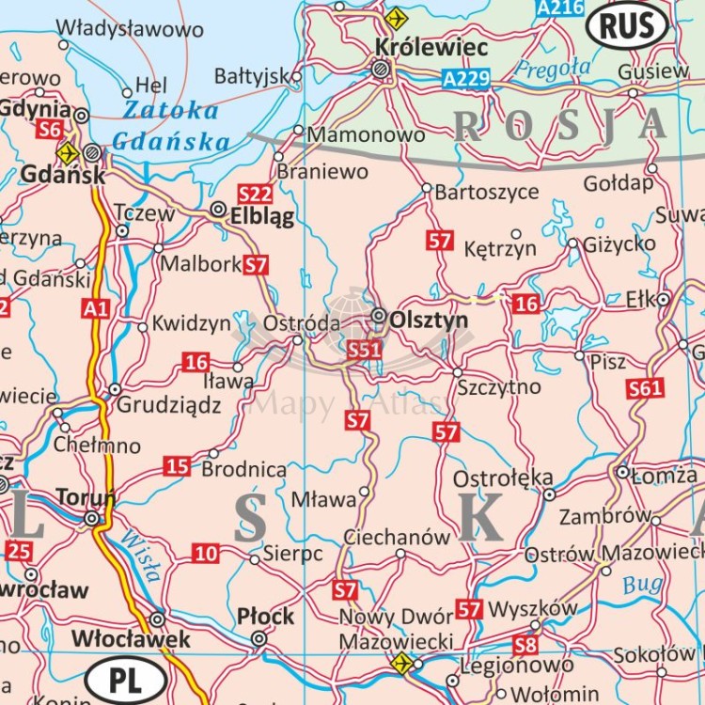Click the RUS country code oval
pos(627,26)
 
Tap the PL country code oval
pos(125,680)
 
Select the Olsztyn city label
pos(428,320)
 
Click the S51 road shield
pos(364,351)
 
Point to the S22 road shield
pos(255,195)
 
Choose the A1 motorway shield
pos(95,307)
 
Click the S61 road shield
pos(646,388)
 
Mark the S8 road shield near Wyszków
pos(525,645)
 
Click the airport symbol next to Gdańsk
pos(67,152)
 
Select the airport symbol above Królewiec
pos(397,18)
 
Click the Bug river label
pos(642,585)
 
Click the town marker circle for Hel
pos(127,92)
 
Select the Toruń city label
pos(85,496)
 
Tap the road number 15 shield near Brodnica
pos(177,465)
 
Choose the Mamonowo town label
pos(366,134)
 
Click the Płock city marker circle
pos(258,638)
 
